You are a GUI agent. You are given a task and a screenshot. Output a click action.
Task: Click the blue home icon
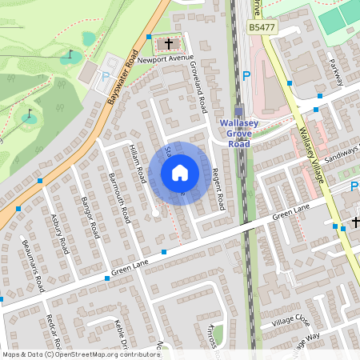tap(180, 172)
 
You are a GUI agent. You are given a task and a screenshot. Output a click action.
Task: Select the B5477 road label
tap(263, 27)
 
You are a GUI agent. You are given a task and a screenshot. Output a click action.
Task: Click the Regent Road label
tap(218, 187)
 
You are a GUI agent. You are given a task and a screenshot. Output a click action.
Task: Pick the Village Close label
tap(290, 320)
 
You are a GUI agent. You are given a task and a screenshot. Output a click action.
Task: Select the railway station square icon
tap(239, 111)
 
